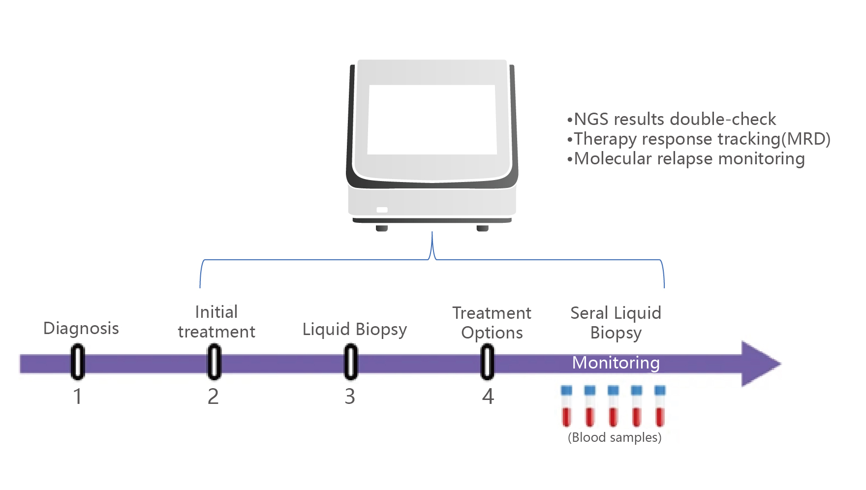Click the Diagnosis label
point(81,328)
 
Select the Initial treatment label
point(216,322)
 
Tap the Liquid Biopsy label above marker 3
point(355,330)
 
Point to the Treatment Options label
point(492,323)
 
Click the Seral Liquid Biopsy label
point(616,323)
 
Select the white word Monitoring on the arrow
point(616,363)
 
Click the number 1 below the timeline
point(78,397)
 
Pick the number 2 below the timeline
point(213,397)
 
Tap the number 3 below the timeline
point(350,397)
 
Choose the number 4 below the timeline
point(488,397)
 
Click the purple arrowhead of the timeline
point(761,364)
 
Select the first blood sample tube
point(566,406)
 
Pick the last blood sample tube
point(660,406)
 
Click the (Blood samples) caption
point(615,437)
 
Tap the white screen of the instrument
point(432,120)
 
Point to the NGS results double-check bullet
point(672,119)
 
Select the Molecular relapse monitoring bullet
point(686,159)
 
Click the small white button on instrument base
point(382,210)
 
